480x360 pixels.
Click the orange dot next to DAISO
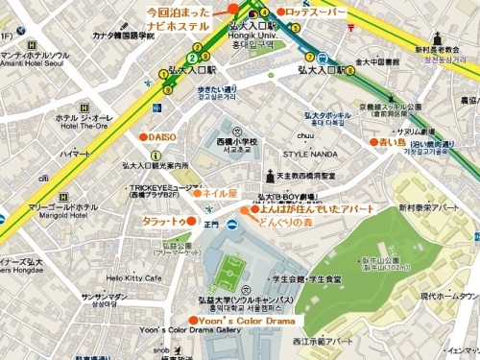[142, 137]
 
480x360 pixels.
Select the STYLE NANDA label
[309, 152]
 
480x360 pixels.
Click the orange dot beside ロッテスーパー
[280, 12]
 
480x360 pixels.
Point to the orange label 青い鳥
[393, 141]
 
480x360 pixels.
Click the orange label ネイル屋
[218, 193]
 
